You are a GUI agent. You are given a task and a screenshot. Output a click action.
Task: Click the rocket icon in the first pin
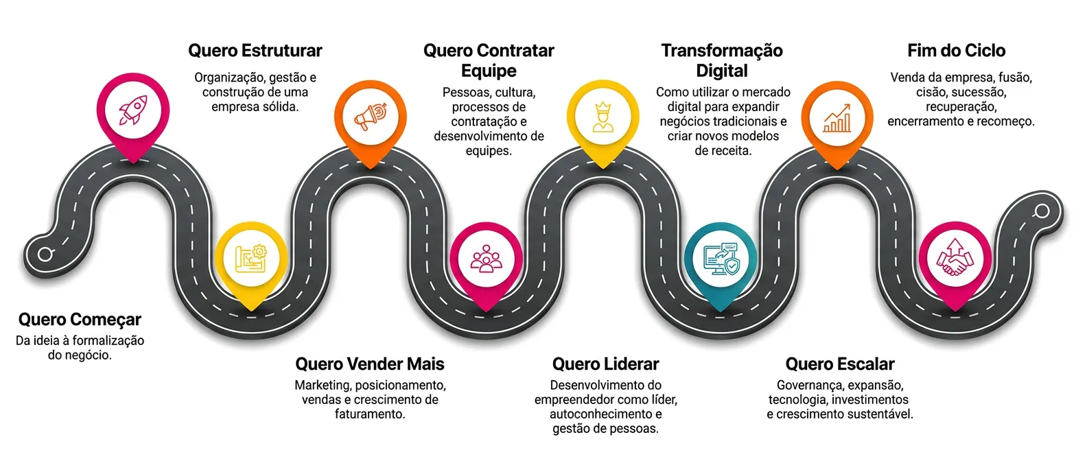click(x=133, y=110)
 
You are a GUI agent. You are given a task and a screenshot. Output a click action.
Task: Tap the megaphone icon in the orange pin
click(x=371, y=117)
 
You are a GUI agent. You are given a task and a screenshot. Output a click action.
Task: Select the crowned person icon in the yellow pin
click(x=603, y=117)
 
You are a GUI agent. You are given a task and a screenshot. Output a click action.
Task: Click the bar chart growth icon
click(x=837, y=118)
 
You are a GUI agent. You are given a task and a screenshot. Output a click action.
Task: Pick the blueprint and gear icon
click(x=251, y=259)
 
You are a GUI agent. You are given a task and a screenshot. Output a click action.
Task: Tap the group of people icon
click(x=487, y=258)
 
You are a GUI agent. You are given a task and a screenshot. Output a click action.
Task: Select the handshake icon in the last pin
click(x=955, y=257)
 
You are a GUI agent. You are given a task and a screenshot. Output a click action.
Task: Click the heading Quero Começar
click(x=80, y=320)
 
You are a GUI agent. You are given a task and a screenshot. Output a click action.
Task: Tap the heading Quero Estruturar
click(x=255, y=51)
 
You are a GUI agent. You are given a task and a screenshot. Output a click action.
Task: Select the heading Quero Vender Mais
click(x=370, y=364)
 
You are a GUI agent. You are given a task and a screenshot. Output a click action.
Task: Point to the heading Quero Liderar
click(x=606, y=364)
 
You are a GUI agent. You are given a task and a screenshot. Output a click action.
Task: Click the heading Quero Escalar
click(x=840, y=364)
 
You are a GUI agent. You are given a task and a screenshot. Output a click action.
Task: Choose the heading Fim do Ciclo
click(x=957, y=51)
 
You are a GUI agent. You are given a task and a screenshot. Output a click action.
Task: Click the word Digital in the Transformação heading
click(x=722, y=71)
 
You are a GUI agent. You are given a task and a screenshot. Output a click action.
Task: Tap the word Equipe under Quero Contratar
click(x=489, y=71)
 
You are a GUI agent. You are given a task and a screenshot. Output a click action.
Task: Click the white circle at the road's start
click(x=45, y=254)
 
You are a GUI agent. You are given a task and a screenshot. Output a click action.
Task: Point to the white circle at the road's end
click(x=1042, y=211)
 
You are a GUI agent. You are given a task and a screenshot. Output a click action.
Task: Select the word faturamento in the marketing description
click(x=370, y=414)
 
